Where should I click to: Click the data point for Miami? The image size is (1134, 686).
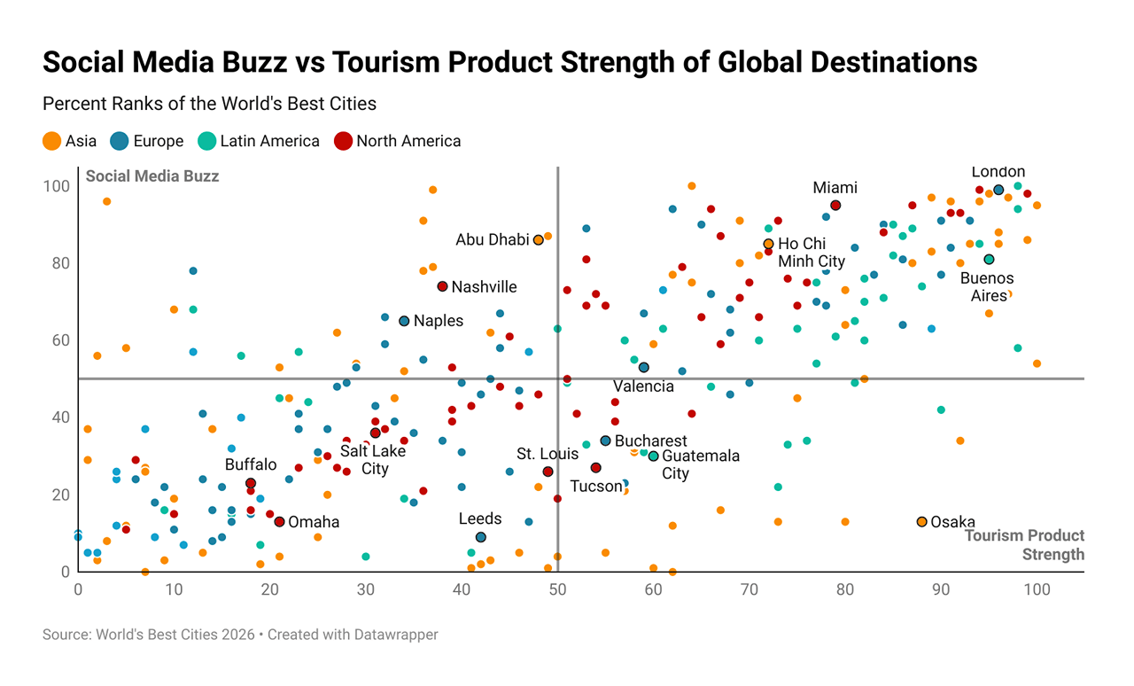point(835,206)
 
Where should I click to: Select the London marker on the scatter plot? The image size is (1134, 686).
point(998,190)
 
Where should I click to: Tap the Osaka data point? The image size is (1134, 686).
point(921,522)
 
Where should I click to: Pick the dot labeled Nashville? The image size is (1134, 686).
point(442,286)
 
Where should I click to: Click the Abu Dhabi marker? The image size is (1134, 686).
point(538,240)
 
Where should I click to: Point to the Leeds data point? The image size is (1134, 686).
point(480,537)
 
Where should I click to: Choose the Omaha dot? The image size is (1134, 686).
point(279,522)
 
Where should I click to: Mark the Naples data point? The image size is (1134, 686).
point(404,321)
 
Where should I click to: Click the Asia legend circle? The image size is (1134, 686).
point(52,141)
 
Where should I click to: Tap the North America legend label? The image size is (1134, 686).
point(408,141)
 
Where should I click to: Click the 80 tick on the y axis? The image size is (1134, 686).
point(58,263)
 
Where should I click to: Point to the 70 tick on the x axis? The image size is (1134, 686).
point(749,589)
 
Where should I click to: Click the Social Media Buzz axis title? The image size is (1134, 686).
point(151,176)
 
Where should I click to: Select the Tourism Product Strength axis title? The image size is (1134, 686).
point(1025,545)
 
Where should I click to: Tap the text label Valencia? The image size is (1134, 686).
point(643,386)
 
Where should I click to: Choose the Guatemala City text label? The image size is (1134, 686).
point(700,464)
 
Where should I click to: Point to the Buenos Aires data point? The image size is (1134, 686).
point(989,260)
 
